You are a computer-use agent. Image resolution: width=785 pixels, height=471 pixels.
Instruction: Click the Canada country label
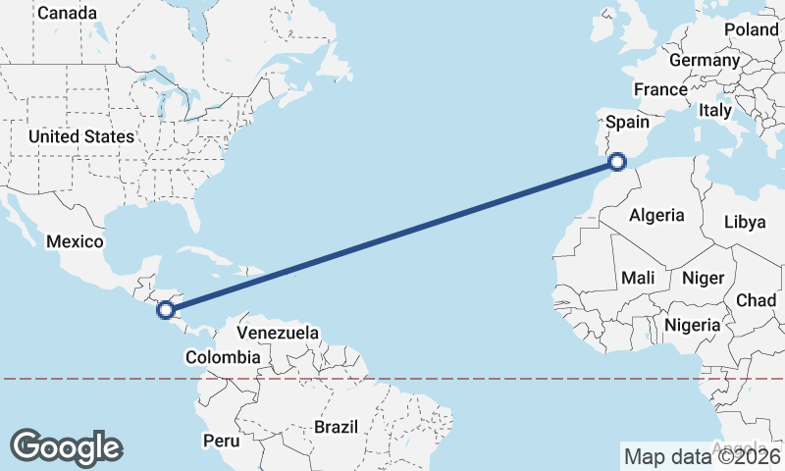(67, 14)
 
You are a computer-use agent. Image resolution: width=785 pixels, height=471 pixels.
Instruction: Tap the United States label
(80, 136)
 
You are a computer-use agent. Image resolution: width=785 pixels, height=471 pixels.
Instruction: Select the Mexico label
(76, 241)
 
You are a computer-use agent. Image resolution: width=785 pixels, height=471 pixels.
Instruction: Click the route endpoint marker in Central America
(167, 310)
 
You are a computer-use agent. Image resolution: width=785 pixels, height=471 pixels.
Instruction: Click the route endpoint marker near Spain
(617, 162)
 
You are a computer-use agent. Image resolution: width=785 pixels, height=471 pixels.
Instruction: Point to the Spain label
(628, 122)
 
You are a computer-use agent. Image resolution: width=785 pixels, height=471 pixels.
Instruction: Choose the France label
(660, 89)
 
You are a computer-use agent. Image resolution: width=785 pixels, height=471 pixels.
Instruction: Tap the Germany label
(705, 60)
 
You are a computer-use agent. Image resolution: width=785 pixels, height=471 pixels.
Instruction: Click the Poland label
(752, 29)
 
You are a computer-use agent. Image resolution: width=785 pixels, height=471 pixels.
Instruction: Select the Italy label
(715, 110)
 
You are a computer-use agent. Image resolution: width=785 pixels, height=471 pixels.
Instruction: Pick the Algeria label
(656, 215)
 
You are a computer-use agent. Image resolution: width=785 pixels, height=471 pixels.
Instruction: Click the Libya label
(744, 222)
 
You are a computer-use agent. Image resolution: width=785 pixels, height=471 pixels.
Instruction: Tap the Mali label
(638, 279)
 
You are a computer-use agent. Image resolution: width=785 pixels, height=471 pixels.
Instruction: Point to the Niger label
(703, 279)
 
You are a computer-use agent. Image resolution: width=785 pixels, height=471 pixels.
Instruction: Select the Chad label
(757, 299)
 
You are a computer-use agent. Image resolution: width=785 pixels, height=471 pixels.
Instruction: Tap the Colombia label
(223, 357)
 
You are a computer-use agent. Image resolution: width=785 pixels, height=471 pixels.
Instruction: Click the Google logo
(66, 446)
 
